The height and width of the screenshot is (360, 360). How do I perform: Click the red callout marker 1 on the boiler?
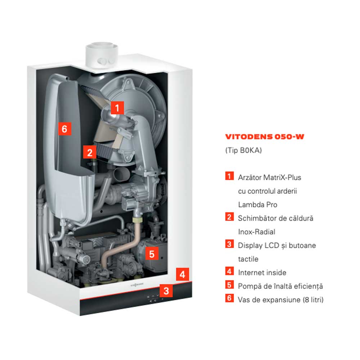(117, 108)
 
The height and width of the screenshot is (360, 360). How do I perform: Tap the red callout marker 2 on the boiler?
(90, 152)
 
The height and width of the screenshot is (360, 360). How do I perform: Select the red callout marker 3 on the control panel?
(166, 291)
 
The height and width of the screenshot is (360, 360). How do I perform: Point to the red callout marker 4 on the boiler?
(183, 274)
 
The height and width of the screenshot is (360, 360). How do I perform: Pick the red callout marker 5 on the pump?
(152, 253)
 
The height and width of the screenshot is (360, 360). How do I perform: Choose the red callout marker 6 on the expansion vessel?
(64, 129)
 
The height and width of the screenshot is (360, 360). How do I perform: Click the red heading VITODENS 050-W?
(265, 136)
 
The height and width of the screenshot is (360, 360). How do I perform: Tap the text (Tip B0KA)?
(244, 150)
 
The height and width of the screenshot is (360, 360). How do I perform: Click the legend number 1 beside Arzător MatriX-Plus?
(229, 176)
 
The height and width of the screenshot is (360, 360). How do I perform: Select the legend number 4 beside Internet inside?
(229, 271)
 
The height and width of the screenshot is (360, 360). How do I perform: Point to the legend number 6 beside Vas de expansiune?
(229, 298)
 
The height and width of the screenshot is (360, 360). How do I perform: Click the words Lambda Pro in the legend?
(258, 204)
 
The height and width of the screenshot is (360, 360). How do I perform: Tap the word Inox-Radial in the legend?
(257, 231)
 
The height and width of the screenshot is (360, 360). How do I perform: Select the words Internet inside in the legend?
(262, 273)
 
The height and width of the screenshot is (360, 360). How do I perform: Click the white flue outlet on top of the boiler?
(102, 55)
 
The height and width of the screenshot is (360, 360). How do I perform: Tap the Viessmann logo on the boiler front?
(137, 285)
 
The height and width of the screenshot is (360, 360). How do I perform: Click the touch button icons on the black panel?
(154, 298)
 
